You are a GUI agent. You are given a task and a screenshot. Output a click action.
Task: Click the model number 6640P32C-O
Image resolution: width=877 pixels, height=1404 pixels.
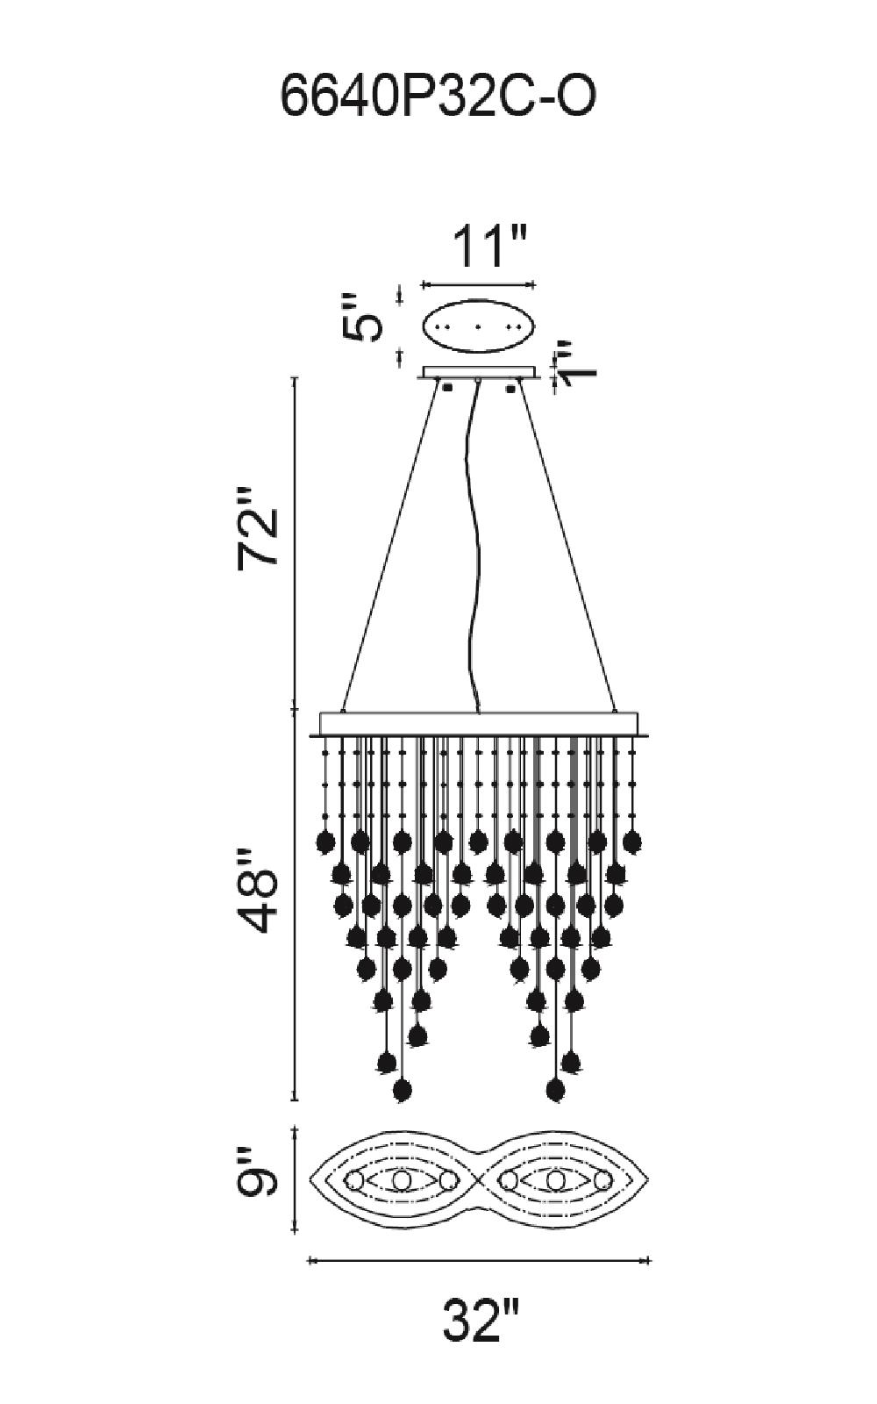coord(438,97)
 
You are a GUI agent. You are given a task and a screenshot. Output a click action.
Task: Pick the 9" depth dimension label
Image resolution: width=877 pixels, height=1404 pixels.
coord(257,1179)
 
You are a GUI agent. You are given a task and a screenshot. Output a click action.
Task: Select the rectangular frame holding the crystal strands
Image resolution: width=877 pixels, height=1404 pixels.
coord(479,724)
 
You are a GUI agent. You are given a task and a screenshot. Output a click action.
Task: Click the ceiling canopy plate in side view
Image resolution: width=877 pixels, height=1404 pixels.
coord(479,373)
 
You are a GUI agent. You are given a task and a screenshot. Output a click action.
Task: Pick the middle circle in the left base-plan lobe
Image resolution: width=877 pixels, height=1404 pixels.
coord(402,1179)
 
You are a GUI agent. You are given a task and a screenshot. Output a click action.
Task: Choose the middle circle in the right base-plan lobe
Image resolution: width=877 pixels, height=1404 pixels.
coord(553,1179)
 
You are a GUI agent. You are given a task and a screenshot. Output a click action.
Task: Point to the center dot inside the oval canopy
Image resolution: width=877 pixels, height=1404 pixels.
coord(478,326)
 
